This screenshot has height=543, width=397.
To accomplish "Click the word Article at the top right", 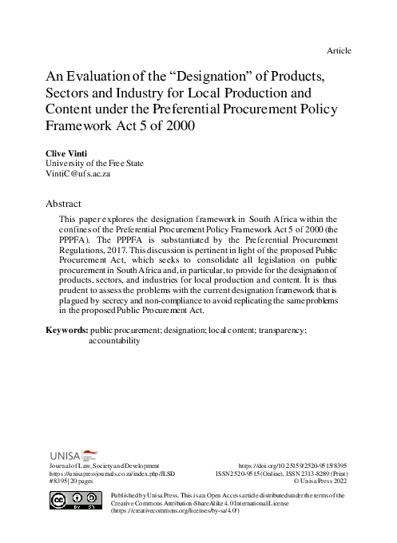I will [x=339, y=51].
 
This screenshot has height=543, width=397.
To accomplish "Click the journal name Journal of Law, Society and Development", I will [x=105, y=464].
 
